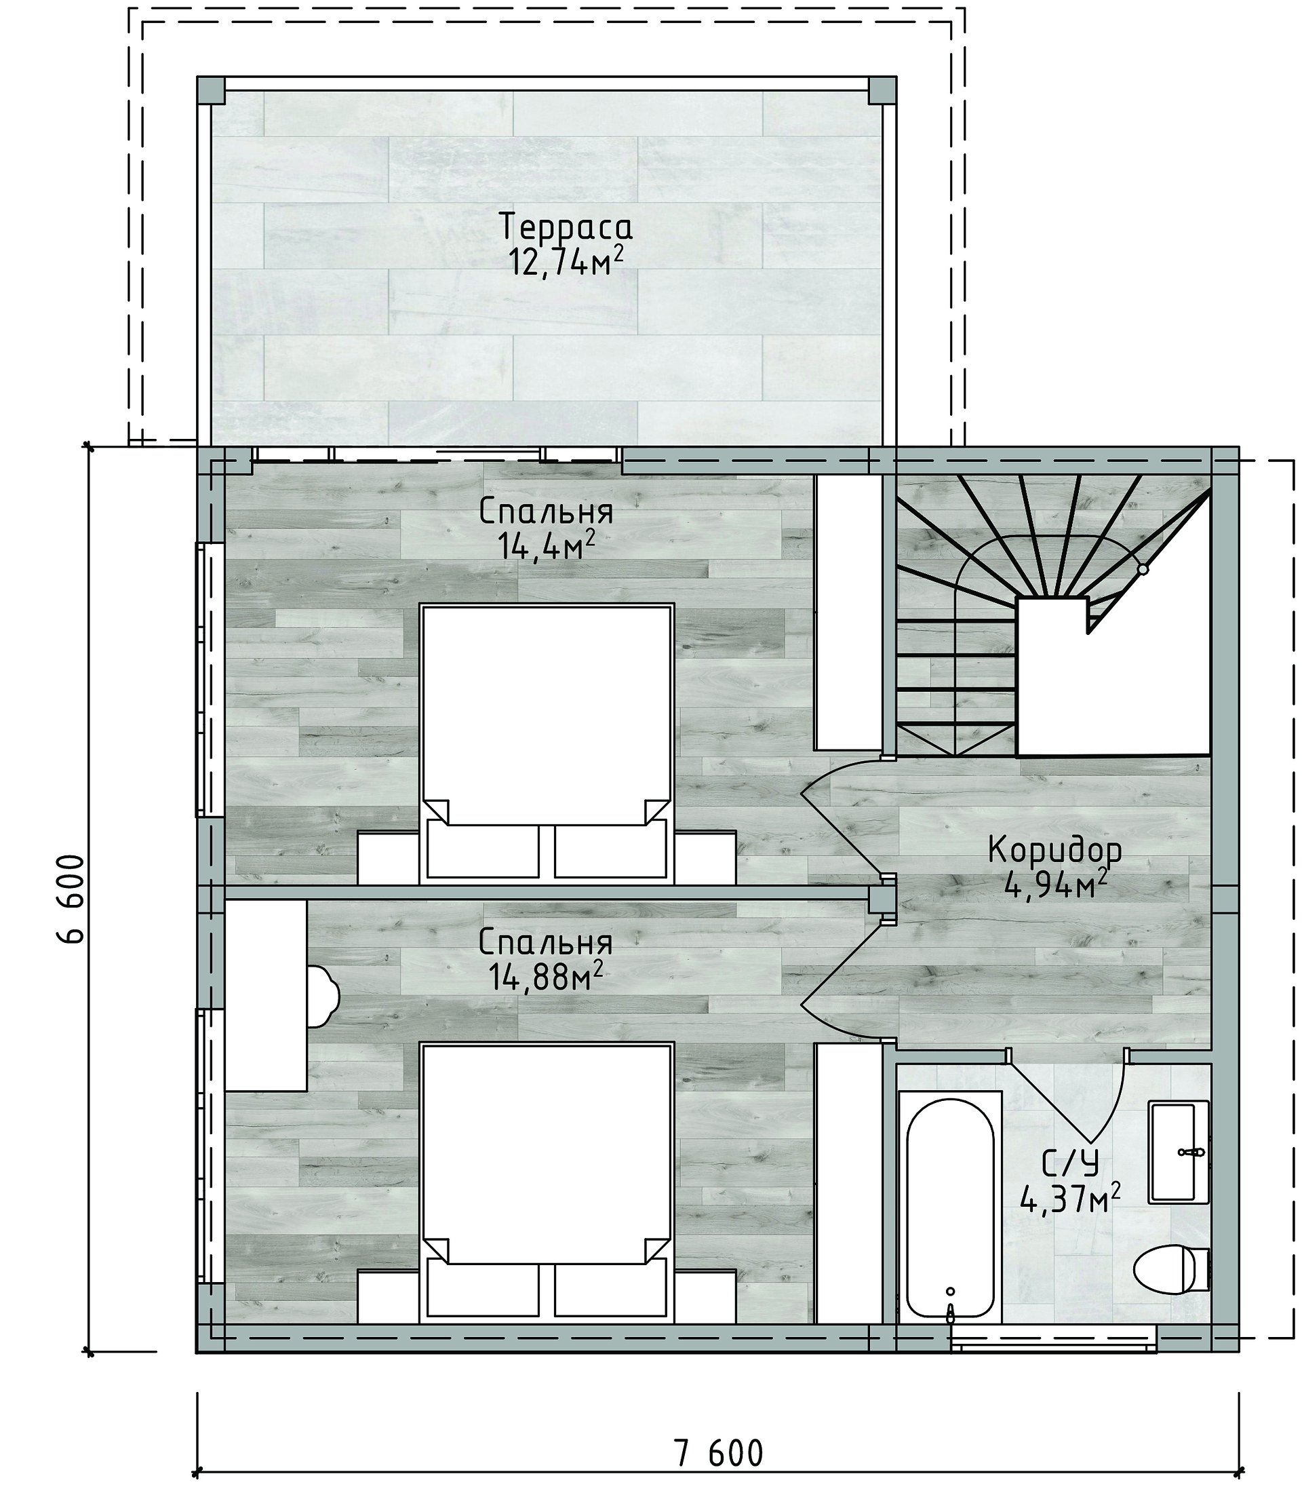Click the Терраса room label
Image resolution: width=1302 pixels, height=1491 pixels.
pos(566,227)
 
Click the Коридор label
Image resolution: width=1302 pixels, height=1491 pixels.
pos(1055,850)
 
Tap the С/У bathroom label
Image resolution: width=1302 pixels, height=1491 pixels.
pos(1069,1165)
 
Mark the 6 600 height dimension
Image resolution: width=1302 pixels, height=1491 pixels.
pos(71,899)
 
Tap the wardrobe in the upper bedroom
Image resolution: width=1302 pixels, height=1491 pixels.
pos(848,613)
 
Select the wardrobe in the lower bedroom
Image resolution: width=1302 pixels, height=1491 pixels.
pos(848,1184)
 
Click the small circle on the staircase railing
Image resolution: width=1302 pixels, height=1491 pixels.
pos(1143,569)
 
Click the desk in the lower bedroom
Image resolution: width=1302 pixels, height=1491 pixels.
pos(265,995)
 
